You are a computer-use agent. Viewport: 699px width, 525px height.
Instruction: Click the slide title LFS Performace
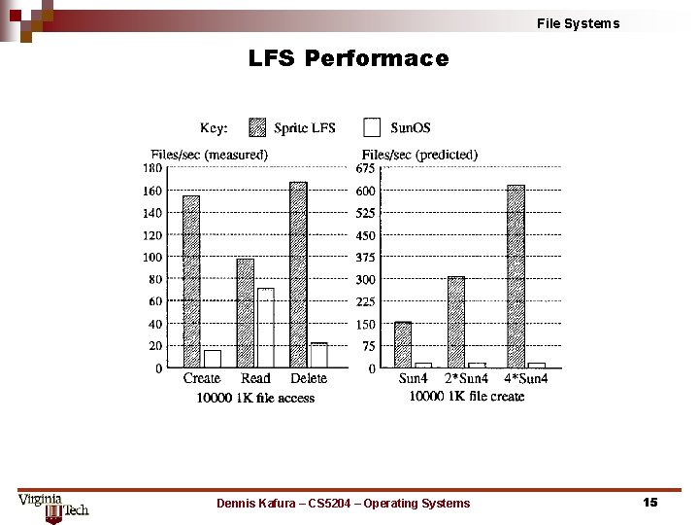click(349, 59)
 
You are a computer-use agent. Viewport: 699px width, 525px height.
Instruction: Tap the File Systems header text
click(578, 23)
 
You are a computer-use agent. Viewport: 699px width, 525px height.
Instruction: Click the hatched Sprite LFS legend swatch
click(257, 127)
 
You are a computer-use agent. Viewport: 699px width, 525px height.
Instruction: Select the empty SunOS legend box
click(372, 127)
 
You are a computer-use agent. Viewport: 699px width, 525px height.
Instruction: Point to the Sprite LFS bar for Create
click(191, 282)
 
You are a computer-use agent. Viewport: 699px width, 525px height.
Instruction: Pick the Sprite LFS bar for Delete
click(298, 275)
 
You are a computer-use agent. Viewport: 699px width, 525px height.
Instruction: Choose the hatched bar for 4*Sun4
click(516, 277)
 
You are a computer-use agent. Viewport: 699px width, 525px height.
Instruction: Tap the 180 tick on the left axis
click(153, 168)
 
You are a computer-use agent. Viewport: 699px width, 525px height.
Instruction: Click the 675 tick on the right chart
click(365, 168)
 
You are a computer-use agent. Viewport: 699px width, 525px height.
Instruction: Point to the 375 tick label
click(365, 258)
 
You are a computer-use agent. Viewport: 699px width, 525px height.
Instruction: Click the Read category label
click(255, 378)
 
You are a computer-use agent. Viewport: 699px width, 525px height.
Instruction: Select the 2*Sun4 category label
click(467, 378)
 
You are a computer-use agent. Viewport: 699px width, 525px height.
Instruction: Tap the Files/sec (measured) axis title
click(209, 154)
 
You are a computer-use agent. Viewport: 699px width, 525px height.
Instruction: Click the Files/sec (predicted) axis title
click(419, 154)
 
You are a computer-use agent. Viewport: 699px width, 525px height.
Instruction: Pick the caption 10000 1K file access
click(255, 397)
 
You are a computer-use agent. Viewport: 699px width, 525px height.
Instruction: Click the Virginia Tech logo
click(52, 506)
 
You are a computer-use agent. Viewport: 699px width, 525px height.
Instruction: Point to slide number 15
click(649, 502)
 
